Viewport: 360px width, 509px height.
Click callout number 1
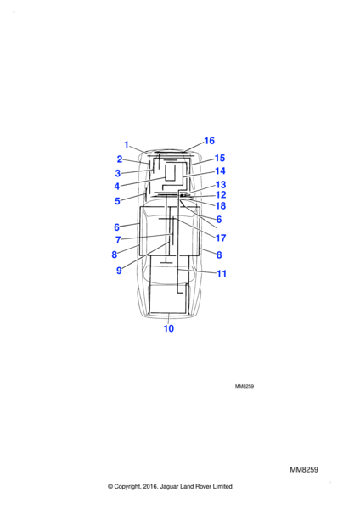point(127,145)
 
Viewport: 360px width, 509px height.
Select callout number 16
point(209,141)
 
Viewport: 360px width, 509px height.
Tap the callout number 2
point(120,159)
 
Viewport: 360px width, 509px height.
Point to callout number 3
point(118,173)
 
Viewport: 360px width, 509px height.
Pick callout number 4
point(117,187)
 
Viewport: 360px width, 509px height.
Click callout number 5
point(118,201)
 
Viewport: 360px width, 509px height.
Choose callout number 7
point(118,240)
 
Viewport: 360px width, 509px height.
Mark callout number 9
point(119,271)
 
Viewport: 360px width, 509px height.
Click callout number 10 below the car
point(169,328)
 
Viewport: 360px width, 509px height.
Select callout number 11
point(222,274)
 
